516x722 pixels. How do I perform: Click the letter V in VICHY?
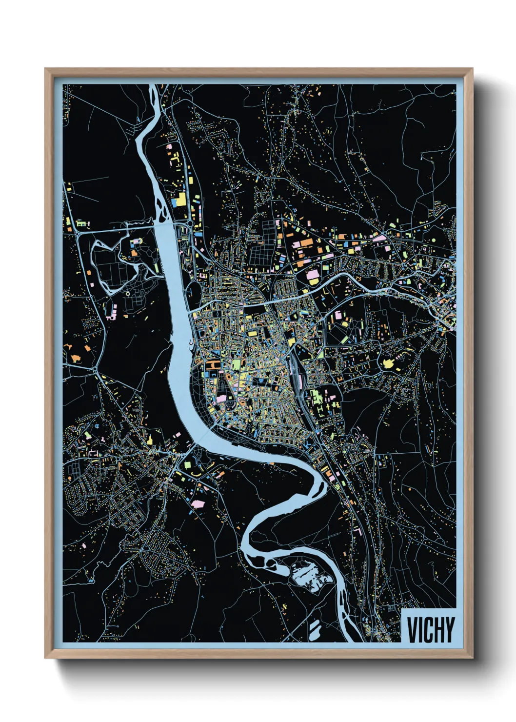(x=413, y=630)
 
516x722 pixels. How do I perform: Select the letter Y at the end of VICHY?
(x=449, y=630)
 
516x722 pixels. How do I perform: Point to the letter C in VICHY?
(x=428, y=630)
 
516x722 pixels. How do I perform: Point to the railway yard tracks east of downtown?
(x=298, y=371)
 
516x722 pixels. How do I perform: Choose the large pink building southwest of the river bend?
(x=198, y=503)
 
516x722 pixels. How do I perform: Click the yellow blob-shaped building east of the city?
(x=389, y=363)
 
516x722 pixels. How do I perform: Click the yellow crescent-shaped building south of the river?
(x=196, y=473)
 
